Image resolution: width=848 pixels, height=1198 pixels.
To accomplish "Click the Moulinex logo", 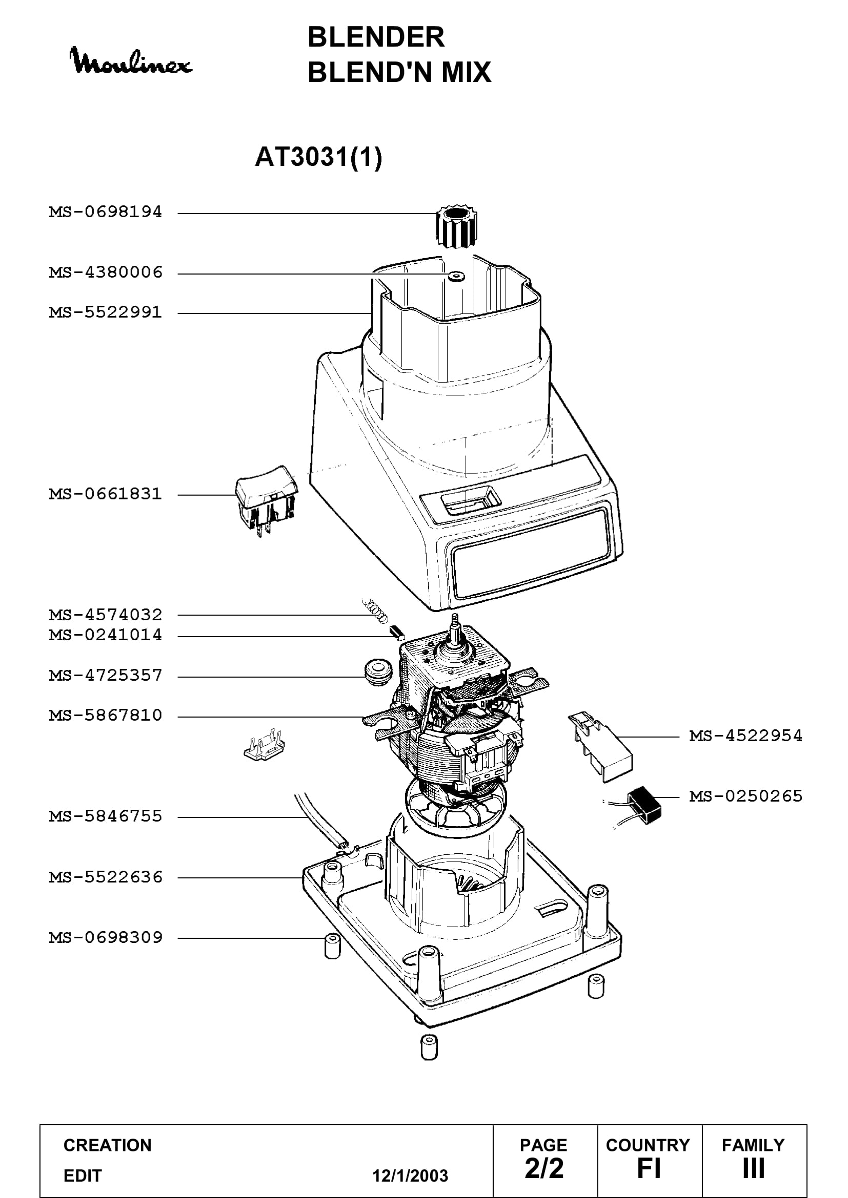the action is point(131,61).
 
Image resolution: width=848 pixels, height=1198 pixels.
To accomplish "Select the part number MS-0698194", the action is point(106,213).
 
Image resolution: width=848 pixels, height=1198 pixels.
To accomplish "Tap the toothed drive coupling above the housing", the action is point(457,227).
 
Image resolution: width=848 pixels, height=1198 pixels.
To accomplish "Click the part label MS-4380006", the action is point(106,272).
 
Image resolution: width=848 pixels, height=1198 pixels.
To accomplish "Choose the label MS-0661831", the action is point(106,494).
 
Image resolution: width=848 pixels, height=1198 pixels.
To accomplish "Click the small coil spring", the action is point(375,611).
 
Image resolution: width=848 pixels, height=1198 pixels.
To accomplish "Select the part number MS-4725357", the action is point(106,675).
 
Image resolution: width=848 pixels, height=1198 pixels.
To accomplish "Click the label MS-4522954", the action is point(745,735).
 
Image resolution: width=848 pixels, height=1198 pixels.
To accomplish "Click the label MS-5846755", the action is point(106,816).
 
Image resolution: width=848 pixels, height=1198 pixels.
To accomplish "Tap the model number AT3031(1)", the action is point(318,157).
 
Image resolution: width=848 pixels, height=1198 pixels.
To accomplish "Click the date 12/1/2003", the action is point(410,1175).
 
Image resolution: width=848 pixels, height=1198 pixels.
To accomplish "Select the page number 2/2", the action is point(544,1168).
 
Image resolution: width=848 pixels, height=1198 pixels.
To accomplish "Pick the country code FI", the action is point(649,1168).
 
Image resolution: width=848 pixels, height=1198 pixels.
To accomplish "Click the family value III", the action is point(754,1168).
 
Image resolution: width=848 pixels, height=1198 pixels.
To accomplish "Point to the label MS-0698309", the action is point(106,937).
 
